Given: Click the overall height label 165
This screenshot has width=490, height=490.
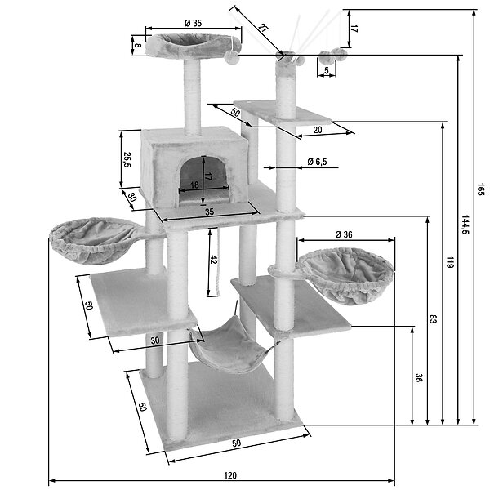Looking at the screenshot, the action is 481,189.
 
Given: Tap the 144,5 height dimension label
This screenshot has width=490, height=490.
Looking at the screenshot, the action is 465,225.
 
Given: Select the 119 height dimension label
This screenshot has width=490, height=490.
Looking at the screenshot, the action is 450,262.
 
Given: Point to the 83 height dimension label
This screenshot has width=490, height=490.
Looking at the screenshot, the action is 433,319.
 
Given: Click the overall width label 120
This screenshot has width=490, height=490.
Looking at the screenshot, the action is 230,475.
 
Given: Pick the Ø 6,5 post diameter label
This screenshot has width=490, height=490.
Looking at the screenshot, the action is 317,162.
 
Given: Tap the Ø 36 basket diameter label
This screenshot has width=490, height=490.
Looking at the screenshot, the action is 344,234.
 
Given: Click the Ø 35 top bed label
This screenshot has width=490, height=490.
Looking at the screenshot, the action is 193,23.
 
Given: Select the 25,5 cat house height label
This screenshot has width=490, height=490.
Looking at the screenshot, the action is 127,160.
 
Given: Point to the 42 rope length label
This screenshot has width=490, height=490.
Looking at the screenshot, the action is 213,260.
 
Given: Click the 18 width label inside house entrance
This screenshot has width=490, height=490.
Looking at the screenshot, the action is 194,185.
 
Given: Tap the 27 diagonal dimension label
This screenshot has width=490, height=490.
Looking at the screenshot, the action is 264,28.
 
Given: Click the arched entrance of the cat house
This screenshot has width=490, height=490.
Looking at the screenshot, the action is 203,180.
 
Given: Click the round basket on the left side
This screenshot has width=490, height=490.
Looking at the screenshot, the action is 94,241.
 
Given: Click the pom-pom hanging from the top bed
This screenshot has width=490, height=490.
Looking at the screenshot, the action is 232,57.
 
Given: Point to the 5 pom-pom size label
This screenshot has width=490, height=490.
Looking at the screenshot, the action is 327,70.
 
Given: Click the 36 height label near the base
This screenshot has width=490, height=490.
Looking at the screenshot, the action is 418,377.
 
